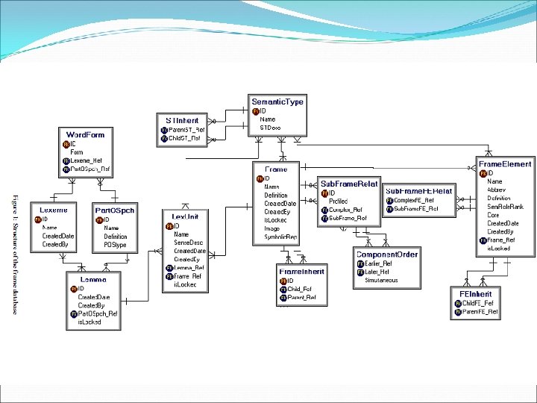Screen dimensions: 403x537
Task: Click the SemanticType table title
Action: (277, 101)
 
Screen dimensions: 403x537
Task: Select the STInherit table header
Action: (182, 119)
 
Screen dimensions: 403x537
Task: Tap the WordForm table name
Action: (86, 135)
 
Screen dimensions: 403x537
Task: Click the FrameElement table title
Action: (506, 163)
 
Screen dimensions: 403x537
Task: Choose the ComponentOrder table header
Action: (386, 254)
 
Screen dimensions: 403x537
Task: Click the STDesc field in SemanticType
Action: (270, 128)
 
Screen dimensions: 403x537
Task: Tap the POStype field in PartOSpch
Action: (116, 245)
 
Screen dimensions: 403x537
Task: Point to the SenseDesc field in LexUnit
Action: (188, 243)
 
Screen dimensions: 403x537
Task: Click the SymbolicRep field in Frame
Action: (280, 237)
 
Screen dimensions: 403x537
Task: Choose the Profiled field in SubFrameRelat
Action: (338, 201)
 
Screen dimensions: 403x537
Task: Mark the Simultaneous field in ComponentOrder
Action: (381, 281)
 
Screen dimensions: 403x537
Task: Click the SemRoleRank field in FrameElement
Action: (505, 206)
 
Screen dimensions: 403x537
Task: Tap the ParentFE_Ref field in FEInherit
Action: (480, 311)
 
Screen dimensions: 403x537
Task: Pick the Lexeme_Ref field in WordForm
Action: (86, 160)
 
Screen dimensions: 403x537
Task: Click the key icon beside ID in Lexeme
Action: (37, 219)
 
